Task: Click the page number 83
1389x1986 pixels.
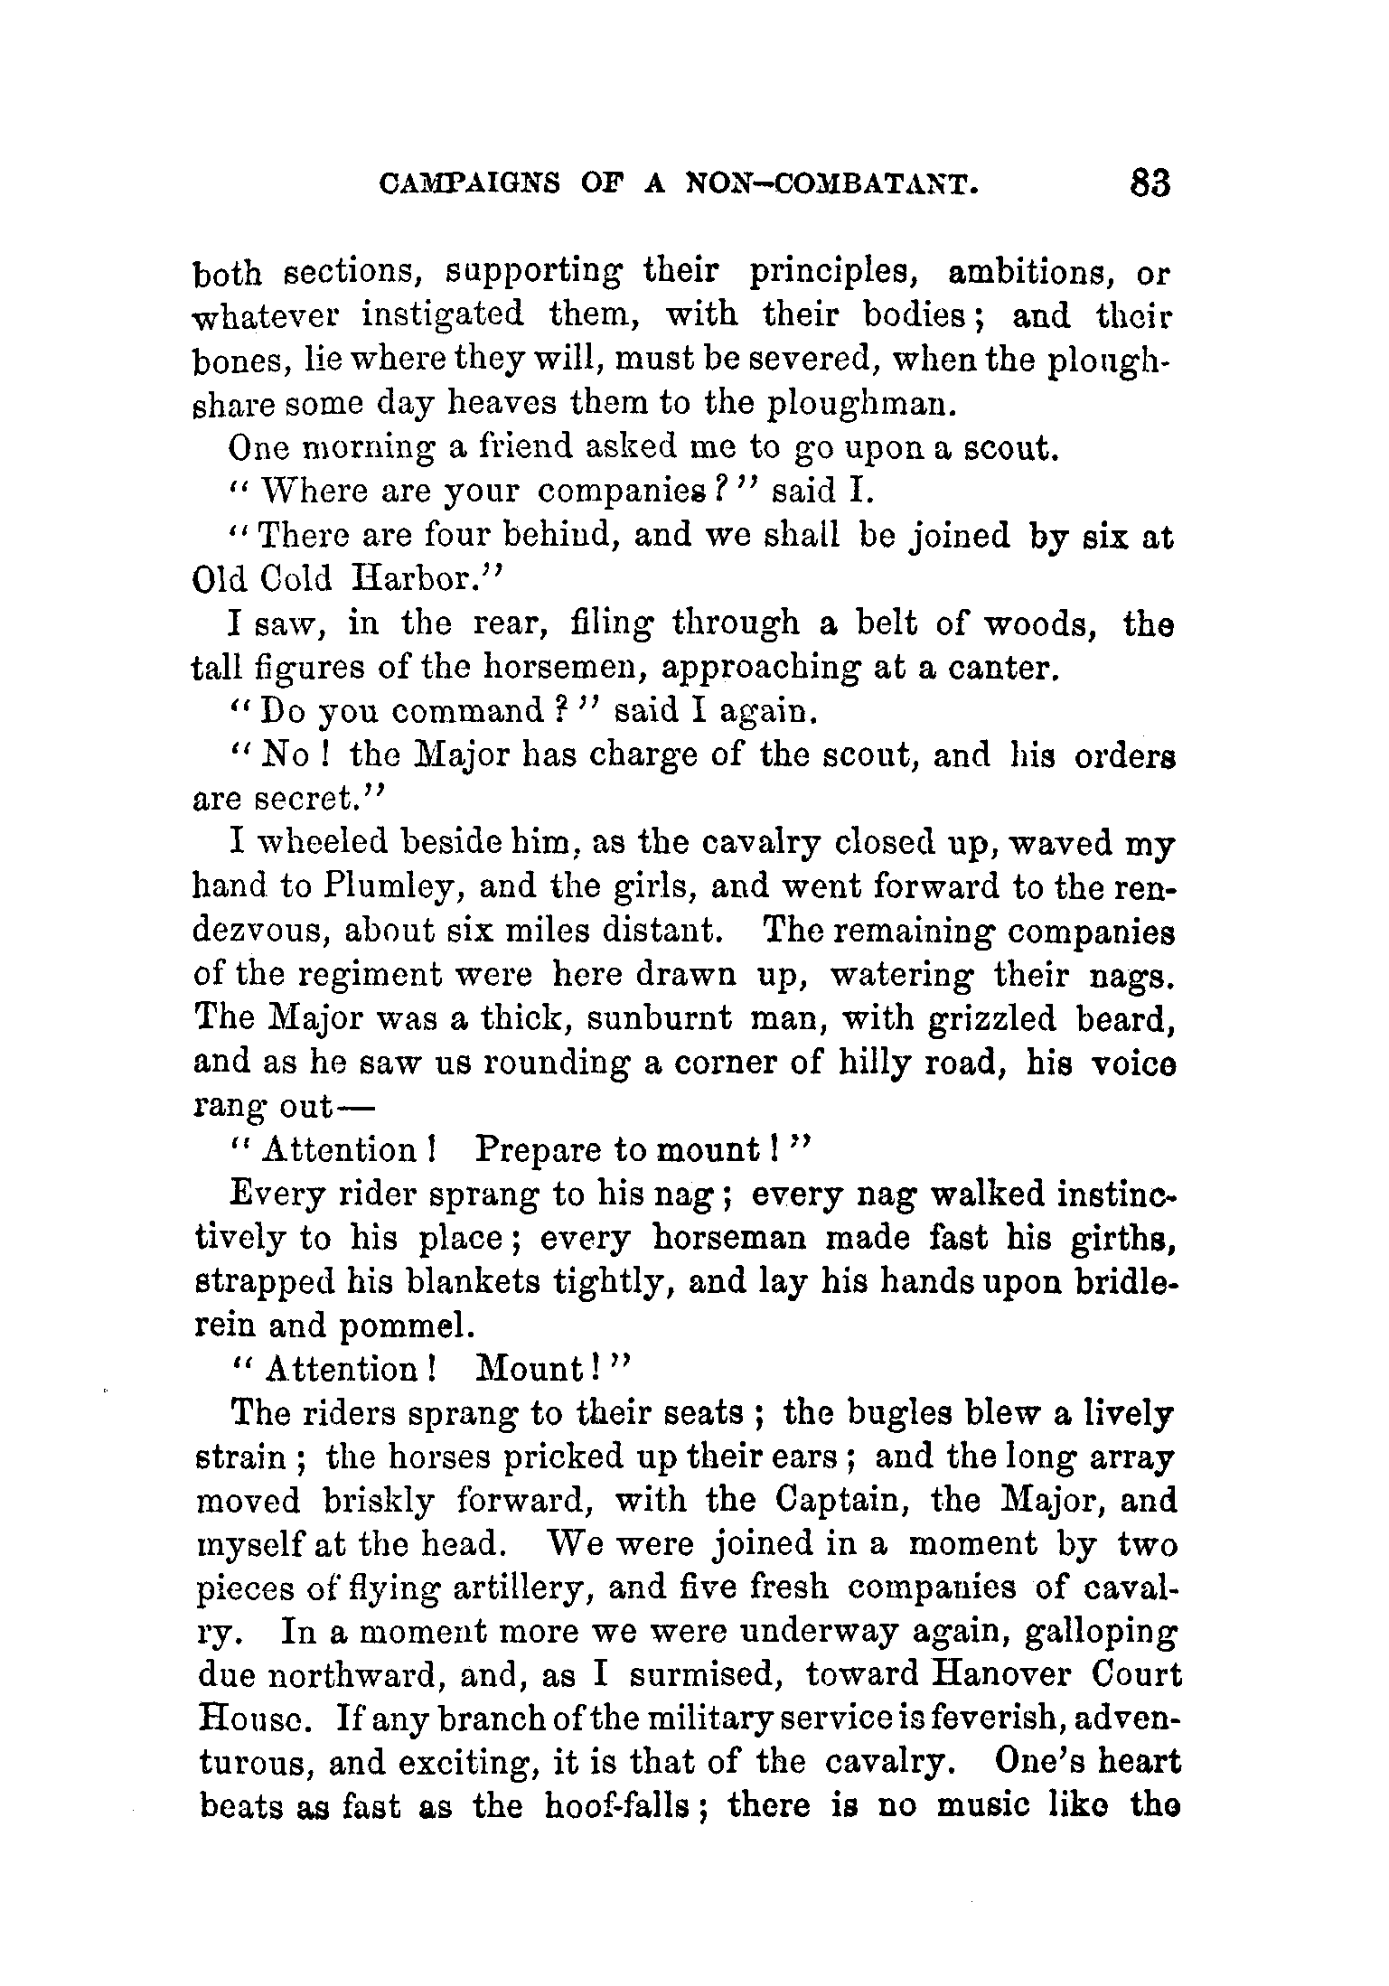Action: pos(1148,183)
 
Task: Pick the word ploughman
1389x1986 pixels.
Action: pos(859,403)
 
